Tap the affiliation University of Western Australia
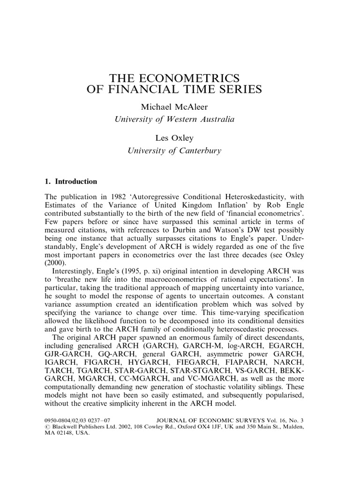click(174, 120)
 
